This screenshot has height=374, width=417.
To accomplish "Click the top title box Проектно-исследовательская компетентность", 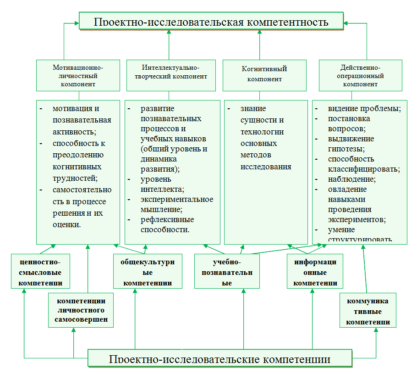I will (x=211, y=21).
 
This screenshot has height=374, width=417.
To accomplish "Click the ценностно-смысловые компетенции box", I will (x=41, y=272).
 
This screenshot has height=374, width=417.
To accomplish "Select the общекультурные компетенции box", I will (x=148, y=272).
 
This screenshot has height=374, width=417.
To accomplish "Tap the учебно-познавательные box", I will (x=226, y=272).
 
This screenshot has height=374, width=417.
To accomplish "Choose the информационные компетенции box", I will (x=315, y=272).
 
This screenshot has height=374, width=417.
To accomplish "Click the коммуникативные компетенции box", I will (x=368, y=311).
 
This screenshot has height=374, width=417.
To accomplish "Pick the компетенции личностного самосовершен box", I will (x=81, y=310).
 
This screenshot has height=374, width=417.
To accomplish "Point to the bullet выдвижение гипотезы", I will (x=351, y=144).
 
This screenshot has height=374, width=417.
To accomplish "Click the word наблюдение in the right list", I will (x=351, y=179).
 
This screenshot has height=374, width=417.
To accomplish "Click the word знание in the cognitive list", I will (x=253, y=109).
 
